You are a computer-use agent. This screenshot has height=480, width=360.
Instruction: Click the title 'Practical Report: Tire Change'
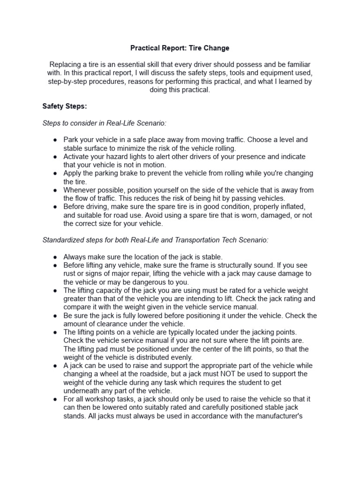click(180, 48)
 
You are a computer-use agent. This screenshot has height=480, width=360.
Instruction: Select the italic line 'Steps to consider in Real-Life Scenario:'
click(104, 123)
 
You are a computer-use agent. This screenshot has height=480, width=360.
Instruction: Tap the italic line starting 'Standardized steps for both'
click(155, 240)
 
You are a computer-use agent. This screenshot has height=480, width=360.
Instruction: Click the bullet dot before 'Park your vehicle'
click(55, 140)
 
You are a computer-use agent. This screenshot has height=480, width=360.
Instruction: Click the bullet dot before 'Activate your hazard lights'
click(55, 157)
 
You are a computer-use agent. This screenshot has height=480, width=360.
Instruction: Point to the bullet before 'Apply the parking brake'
click(55, 173)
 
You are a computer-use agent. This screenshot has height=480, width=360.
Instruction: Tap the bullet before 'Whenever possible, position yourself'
click(55, 190)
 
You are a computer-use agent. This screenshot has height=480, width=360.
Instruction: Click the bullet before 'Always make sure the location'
click(55, 257)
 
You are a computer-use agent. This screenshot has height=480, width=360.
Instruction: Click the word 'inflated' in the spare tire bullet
click(292, 207)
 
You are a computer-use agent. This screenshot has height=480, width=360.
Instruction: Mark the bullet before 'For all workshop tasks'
click(55, 399)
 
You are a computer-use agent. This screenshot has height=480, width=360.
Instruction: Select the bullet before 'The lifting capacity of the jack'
click(55, 291)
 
